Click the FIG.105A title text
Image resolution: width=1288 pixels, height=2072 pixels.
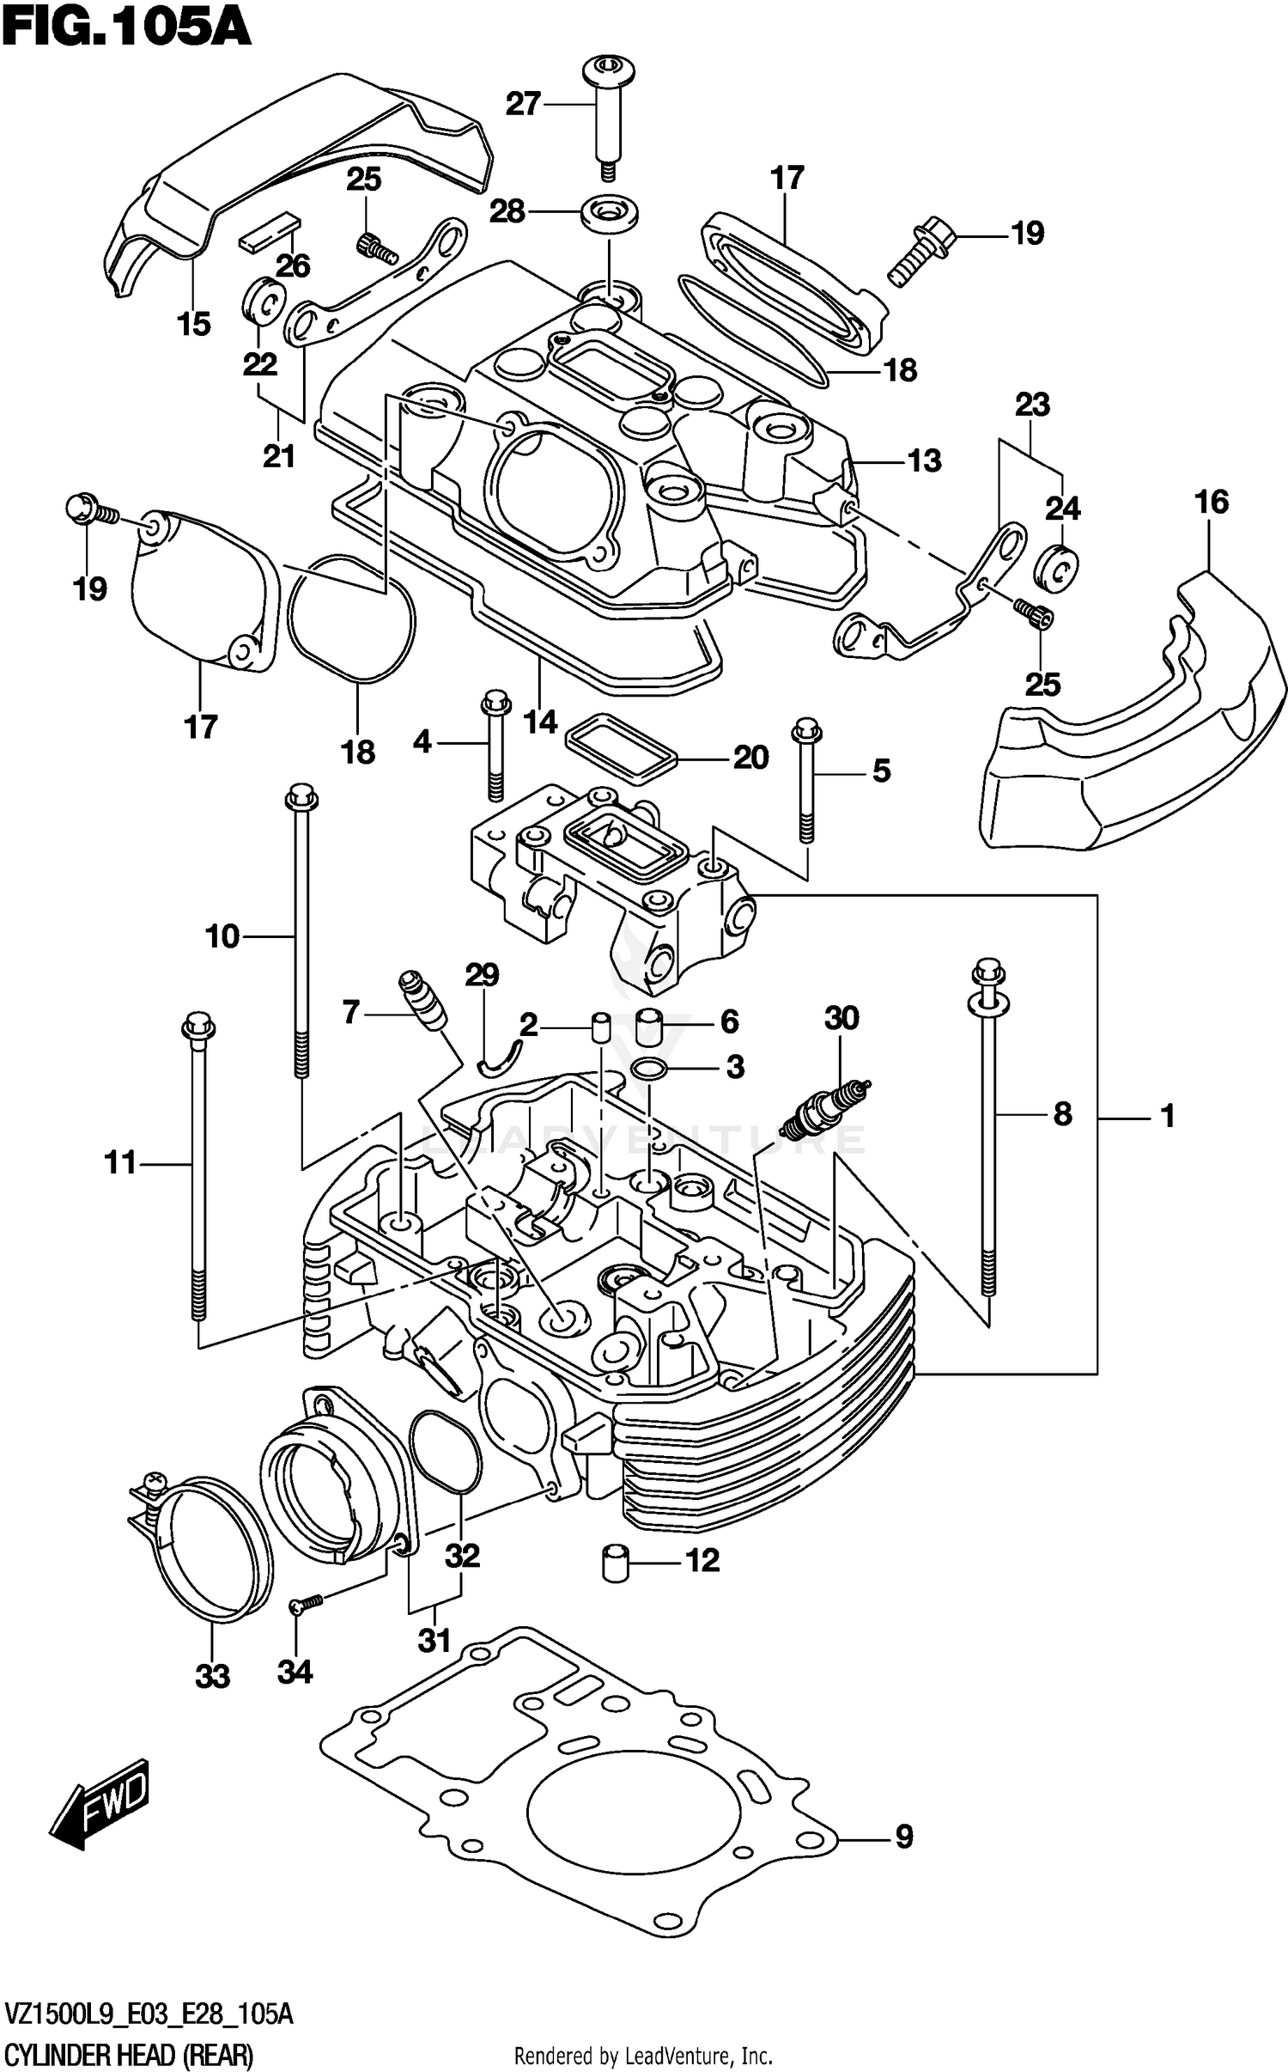126,27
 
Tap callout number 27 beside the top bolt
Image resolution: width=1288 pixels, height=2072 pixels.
522,104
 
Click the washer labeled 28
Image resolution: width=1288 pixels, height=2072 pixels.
610,211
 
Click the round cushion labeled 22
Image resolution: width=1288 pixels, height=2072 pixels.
263,302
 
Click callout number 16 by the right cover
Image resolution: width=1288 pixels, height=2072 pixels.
1212,502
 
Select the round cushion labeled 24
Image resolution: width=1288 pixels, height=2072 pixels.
1058,569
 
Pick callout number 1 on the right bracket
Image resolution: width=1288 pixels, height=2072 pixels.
1166,1116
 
